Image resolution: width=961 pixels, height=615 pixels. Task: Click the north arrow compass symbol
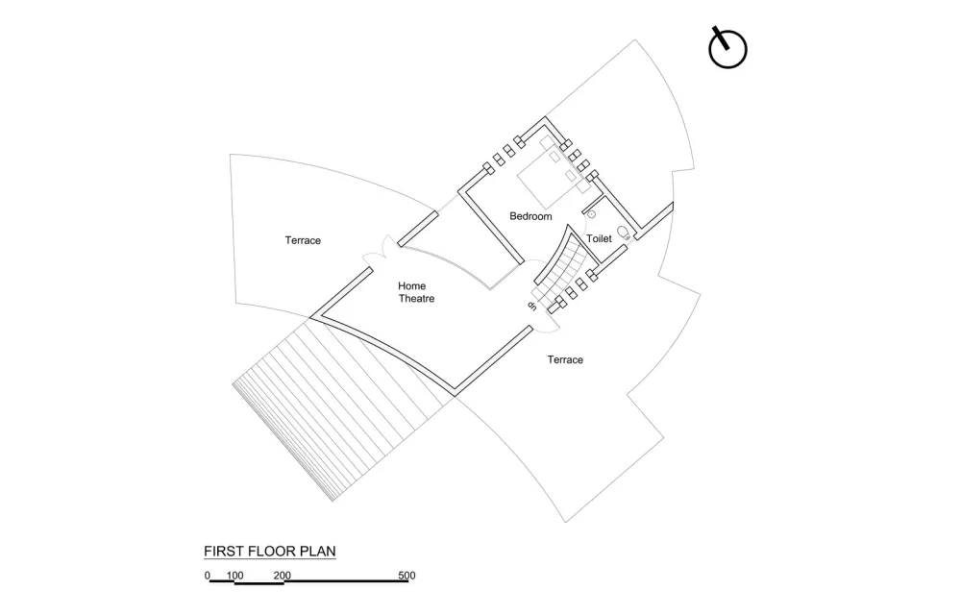click(727, 49)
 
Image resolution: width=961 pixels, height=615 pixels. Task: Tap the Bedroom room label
click(530, 217)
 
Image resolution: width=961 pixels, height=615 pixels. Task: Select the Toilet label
click(599, 238)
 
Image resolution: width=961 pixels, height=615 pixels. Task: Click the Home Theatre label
click(416, 292)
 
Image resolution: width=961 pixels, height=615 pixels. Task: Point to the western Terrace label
click(303, 240)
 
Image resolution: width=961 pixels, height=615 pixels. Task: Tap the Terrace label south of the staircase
click(565, 360)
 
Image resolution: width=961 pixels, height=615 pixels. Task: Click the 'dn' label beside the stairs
click(530, 306)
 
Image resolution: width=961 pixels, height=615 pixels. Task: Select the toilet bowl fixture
click(624, 231)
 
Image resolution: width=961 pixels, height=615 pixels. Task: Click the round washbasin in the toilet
click(592, 214)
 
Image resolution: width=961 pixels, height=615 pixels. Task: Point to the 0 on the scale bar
click(207, 577)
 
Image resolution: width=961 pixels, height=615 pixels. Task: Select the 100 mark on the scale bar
click(234, 577)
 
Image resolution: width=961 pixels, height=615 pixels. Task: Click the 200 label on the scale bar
click(282, 577)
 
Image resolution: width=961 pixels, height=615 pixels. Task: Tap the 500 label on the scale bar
click(407, 577)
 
